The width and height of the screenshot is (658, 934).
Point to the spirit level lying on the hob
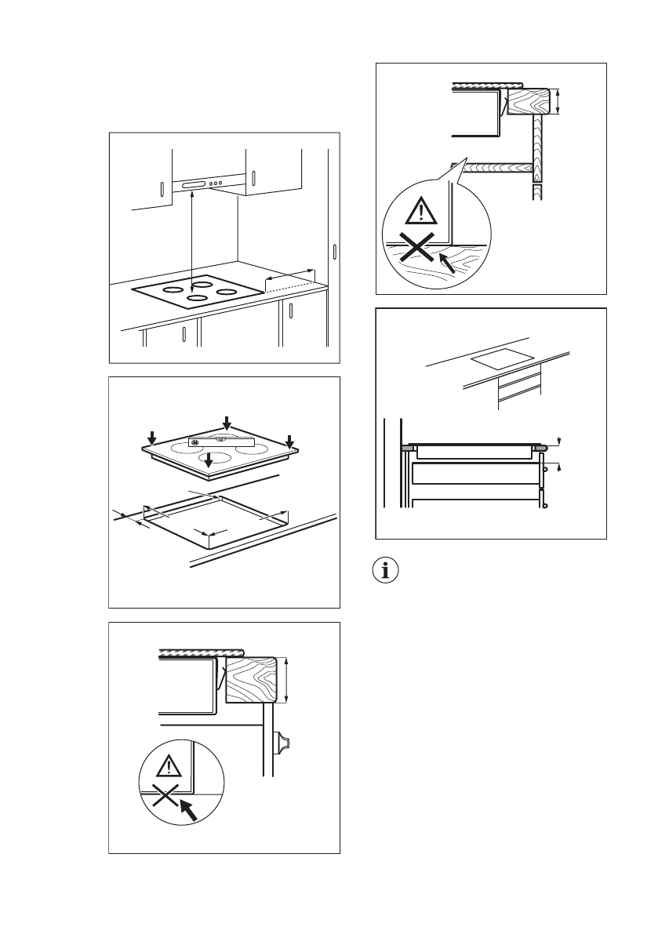coord(223,442)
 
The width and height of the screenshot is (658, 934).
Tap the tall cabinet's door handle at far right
coord(335,253)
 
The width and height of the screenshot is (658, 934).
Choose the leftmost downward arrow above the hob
coord(152,437)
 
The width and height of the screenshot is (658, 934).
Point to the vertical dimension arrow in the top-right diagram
coord(557,100)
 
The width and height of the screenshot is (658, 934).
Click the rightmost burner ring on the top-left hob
coord(227,293)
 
